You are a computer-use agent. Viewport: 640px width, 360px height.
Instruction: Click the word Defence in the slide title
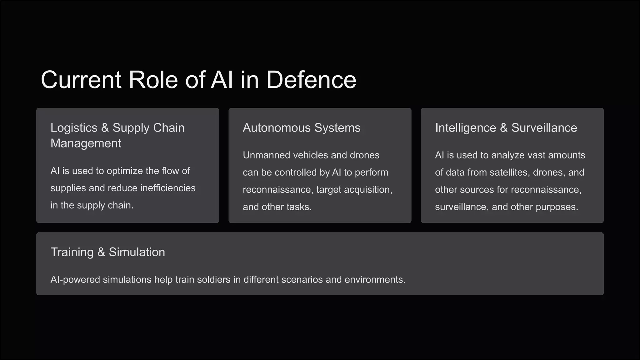click(x=311, y=80)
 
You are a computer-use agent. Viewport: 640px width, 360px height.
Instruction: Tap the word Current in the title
click(x=81, y=80)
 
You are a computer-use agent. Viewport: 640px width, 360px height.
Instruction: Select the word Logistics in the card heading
click(x=74, y=128)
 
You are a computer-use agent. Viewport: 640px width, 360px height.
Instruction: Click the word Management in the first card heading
click(x=86, y=143)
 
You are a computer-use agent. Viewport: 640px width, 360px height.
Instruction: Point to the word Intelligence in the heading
click(x=466, y=128)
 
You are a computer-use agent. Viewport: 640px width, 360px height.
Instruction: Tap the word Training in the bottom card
click(x=72, y=252)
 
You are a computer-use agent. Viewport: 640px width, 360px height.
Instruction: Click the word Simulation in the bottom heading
click(x=137, y=252)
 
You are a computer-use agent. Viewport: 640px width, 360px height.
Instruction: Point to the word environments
click(x=375, y=279)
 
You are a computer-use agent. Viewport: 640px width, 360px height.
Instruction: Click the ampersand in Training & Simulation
click(x=101, y=252)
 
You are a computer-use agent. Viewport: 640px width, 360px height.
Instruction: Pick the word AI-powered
click(x=75, y=279)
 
